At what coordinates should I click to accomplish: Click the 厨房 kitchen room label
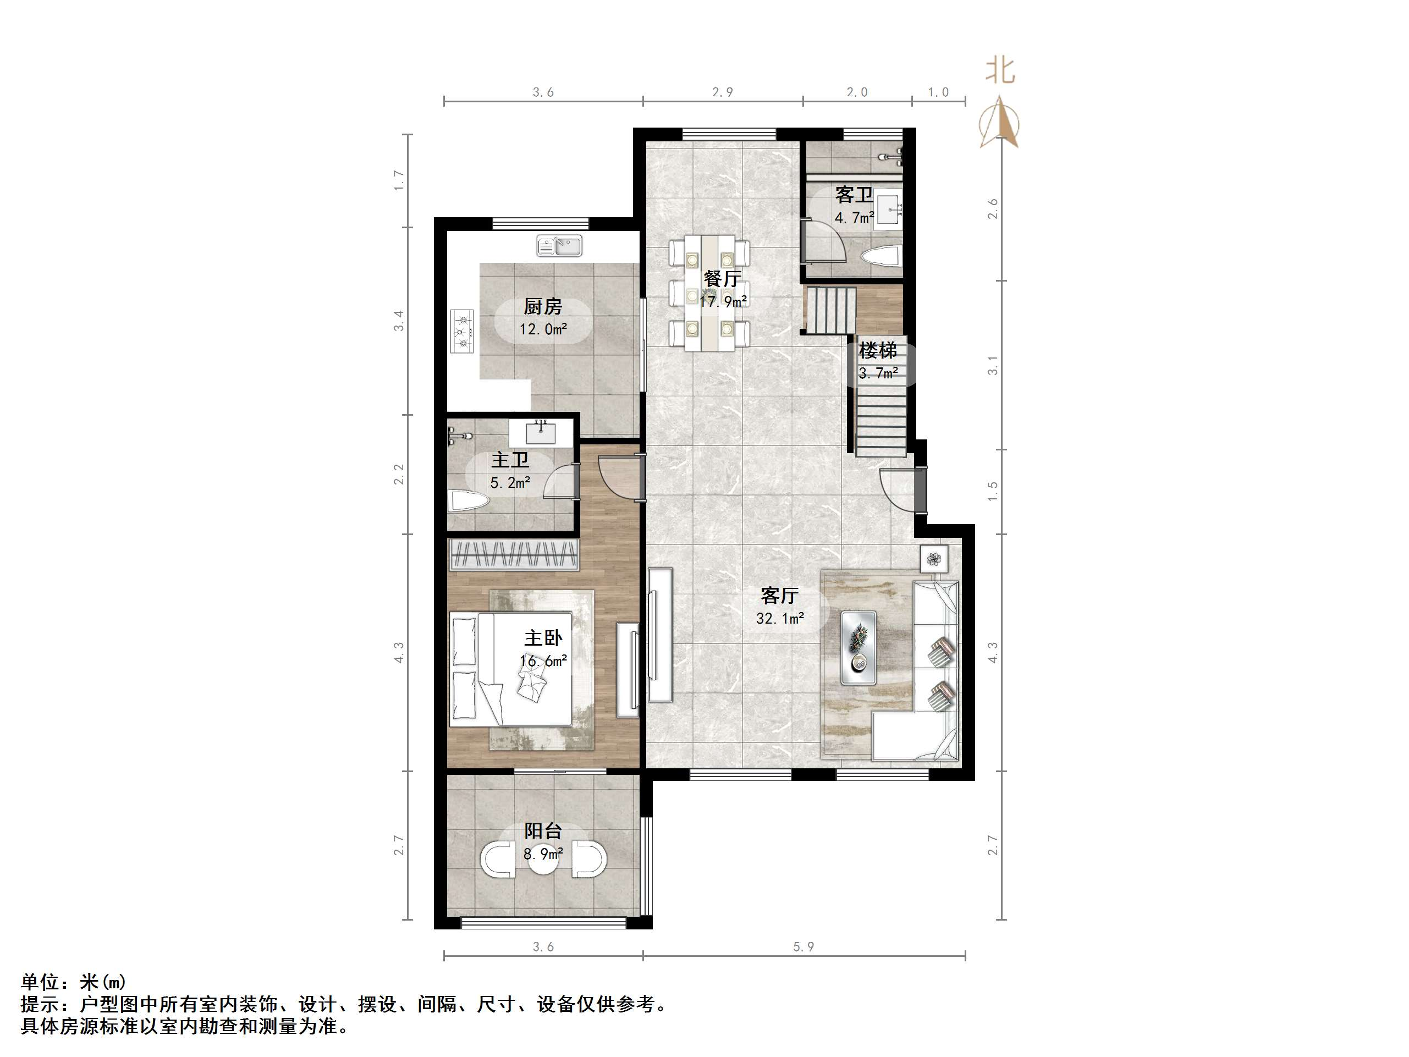coord(543,307)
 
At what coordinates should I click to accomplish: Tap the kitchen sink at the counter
coord(559,245)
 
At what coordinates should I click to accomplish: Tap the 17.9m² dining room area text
coord(723,301)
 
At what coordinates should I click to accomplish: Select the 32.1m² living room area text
coord(780,618)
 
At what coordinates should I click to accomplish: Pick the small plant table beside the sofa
coord(934,559)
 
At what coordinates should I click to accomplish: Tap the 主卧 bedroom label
coord(543,638)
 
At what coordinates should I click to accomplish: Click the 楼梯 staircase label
coord(878,350)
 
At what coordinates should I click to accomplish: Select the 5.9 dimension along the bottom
coord(803,947)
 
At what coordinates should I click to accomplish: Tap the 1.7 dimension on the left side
coord(399,180)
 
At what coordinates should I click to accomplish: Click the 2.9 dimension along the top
coord(722,92)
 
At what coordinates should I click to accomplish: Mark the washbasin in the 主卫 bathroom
coord(541,433)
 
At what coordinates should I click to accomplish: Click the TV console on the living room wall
coord(661,635)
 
